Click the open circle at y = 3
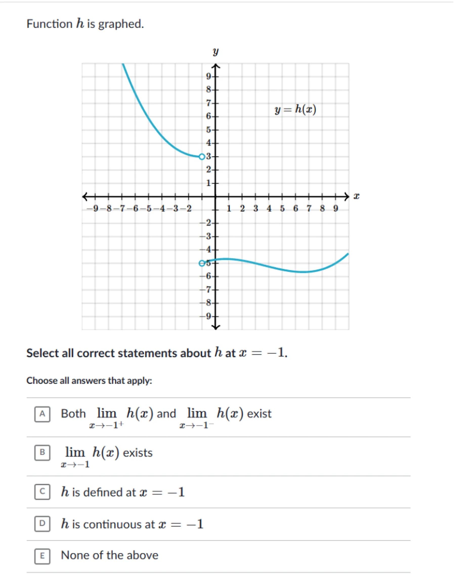(202, 157)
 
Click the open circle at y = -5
(202, 263)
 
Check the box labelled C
(42, 492)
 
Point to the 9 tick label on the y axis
(209, 77)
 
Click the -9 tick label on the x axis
(93, 208)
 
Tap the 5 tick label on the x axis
(282, 208)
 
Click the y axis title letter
(215, 52)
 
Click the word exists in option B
(138, 453)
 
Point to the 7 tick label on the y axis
(209, 103)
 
